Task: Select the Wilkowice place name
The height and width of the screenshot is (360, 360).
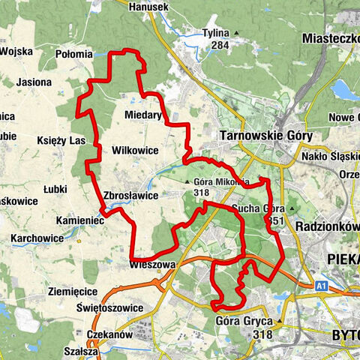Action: point(134,150)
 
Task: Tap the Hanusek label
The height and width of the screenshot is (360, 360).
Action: point(148,7)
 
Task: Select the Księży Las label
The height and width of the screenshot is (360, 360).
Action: point(61,141)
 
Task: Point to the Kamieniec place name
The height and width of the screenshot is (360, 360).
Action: point(79,221)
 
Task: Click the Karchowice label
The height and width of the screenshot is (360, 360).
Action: point(36,238)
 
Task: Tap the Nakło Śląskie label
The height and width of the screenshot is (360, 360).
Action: point(328,157)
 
